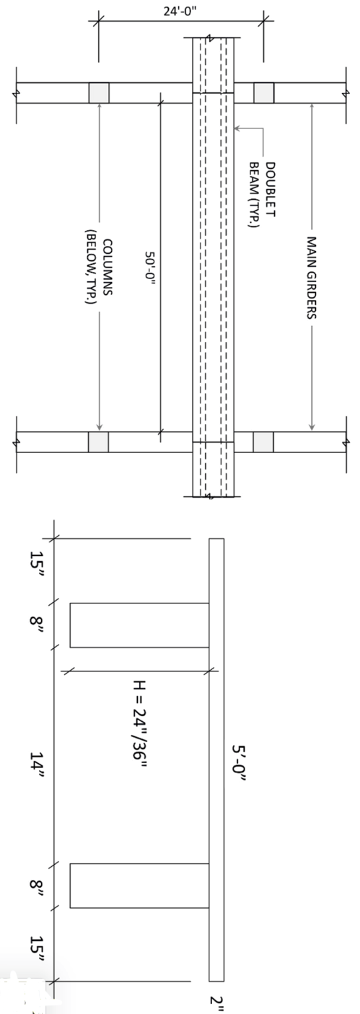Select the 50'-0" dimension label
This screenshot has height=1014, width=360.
[150, 268]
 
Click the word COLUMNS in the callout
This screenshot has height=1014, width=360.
[107, 267]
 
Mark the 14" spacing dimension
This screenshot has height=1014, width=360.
[37, 765]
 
